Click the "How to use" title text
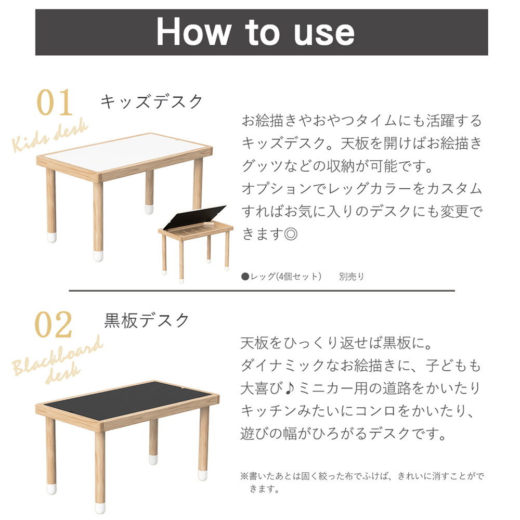(255, 32)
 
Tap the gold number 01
(55, 103)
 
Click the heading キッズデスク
(151, 101)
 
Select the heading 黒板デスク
(147, 320)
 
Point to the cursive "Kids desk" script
(50, 136)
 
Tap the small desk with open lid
(196, 239)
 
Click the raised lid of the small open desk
(195, 218)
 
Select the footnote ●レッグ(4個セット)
(281, 277)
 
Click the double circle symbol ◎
(290, 235)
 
